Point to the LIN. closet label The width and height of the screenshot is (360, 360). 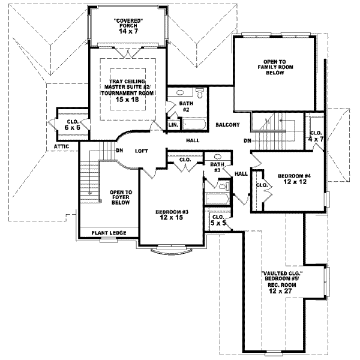(173, 125)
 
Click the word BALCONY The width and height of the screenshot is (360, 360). (228, 125)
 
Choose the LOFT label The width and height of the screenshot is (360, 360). (141, 151)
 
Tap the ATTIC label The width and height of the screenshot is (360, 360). (62, 146)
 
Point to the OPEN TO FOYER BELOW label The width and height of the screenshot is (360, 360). (121, 198)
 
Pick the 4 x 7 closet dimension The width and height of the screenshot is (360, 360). (316, 140)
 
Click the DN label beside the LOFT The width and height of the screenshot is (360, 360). (119, 151)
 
